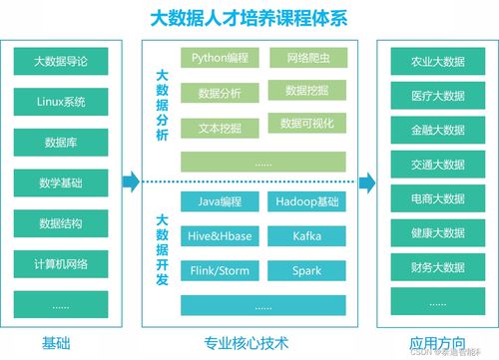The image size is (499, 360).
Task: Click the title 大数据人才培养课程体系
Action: [249, 19]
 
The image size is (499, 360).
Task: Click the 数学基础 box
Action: [63, 182]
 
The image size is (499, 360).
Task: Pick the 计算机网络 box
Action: [63, 264]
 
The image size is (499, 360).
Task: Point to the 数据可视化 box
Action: [306, 125]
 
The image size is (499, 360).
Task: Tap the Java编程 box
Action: [221, 202]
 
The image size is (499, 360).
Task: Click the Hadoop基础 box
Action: [306, 202]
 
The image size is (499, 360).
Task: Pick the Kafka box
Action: [306, 236]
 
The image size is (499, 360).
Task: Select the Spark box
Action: [306, 270]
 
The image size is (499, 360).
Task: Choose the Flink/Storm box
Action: [221, 270]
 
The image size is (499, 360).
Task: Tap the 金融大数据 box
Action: [437, 131]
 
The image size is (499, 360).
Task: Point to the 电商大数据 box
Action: [437, 199]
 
